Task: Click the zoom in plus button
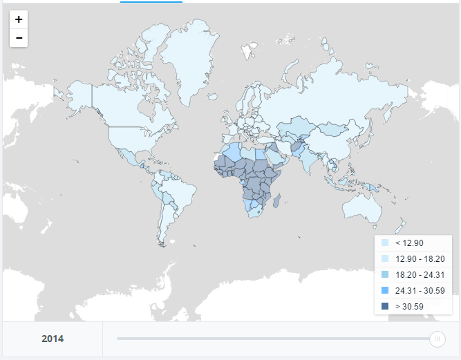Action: pyautogui.click(x=19, y=19)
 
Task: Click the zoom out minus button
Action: pyautogui.click(x=19, y=37)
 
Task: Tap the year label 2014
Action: pyautogui.click(x=53, y=339)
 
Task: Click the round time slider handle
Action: pyautogui.click(x=437, y=339)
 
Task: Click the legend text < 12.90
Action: pyautogui.click(x=409, y=243)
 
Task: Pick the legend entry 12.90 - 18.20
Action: pyautogui.click(x=415, y=258)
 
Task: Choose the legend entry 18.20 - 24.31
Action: pyautogui.click(x=415, y=274)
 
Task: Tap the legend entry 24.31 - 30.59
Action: pyautogui.click(x=415, y=290)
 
